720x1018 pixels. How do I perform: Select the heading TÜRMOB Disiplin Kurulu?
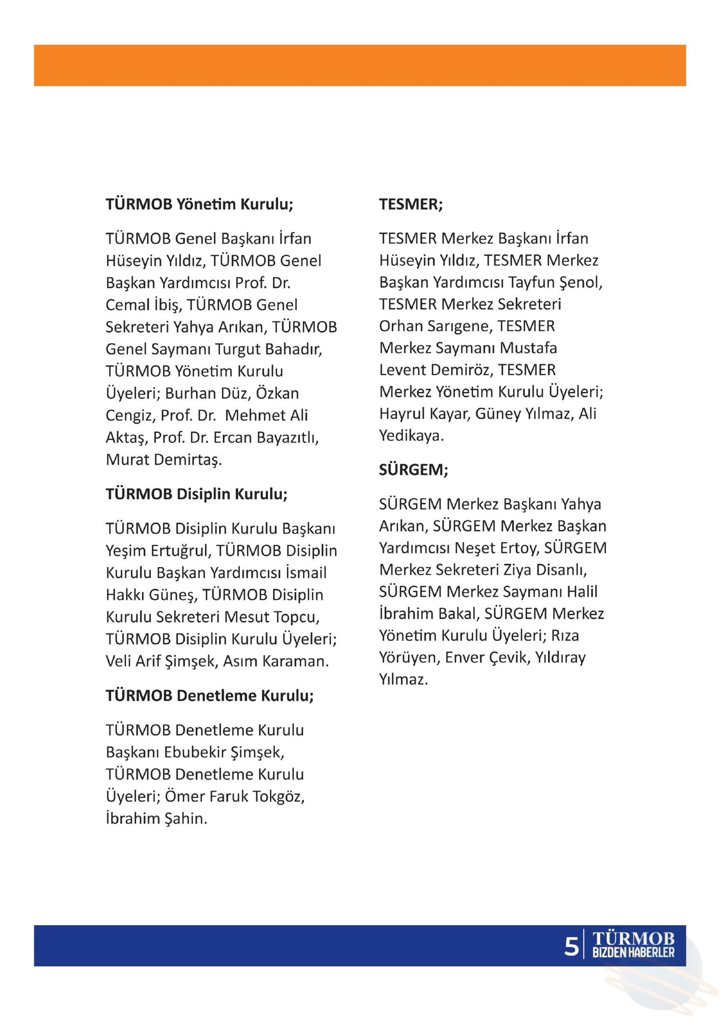pyautogui.click(x=196, y=494)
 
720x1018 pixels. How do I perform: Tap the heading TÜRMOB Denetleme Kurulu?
pyautogui.click(x=209, y=695)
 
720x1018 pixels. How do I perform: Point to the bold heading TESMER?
pyautogui.click(x=410, y=204)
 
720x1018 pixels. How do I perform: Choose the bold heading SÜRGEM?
pyautogui.click(x=413, y=469)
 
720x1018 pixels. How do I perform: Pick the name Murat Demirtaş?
pyautogui.click(x=164, y=460)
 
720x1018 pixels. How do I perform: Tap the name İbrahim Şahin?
pyautogui.click(x=156, y=819)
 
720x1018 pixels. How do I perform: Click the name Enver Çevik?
pyautogui.click(x=487, y=658)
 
